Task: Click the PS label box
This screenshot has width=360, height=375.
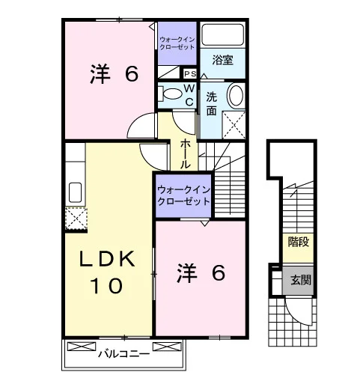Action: pyautogui.click(x=190, y=74)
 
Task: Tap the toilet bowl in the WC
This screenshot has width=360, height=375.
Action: pyautogui.click(x=172, y=94)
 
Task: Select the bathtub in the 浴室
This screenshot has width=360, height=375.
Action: pyautogui.click(x=222, y=34)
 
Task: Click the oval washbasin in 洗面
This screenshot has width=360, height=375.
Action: pyautogui.click(x=236, y=96)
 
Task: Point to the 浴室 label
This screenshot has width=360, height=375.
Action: pyautogui.click(x=222, y=60)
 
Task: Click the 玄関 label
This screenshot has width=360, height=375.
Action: pyautogui.click(x=301, y=281)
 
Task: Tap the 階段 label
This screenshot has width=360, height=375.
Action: pyautogui.click(x=299, y=242)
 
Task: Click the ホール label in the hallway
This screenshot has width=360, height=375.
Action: pyautogui.click(x=185, y=153)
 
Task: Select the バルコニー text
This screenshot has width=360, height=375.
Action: pyautogui.click(x=124, y=354)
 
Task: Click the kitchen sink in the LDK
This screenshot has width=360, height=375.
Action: pyautogui.click(x=75, y=192)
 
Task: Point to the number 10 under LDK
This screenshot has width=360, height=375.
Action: pyautogui.click(x=106, y=286)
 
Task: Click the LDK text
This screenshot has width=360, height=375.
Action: pyautogui.click(x=107, y=259)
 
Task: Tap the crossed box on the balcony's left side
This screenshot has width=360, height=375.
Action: pyautogui.click(x=82, y=347)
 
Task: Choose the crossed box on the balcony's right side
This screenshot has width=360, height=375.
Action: pyautogui.click(x=167, y=347)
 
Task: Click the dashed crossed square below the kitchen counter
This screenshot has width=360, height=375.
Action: pyautogui.click(x=76, y=219)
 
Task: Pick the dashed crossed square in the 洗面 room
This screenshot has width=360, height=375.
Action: pyautogui.click(x=234, y=125)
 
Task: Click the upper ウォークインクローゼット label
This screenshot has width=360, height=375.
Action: pyautogui.click(x=177, y=43)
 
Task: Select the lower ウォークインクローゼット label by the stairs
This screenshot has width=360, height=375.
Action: pyautogui.click(x=183, y=195)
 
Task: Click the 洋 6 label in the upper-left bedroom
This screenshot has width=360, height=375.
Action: pyautogui.click(x=114, y=73)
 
